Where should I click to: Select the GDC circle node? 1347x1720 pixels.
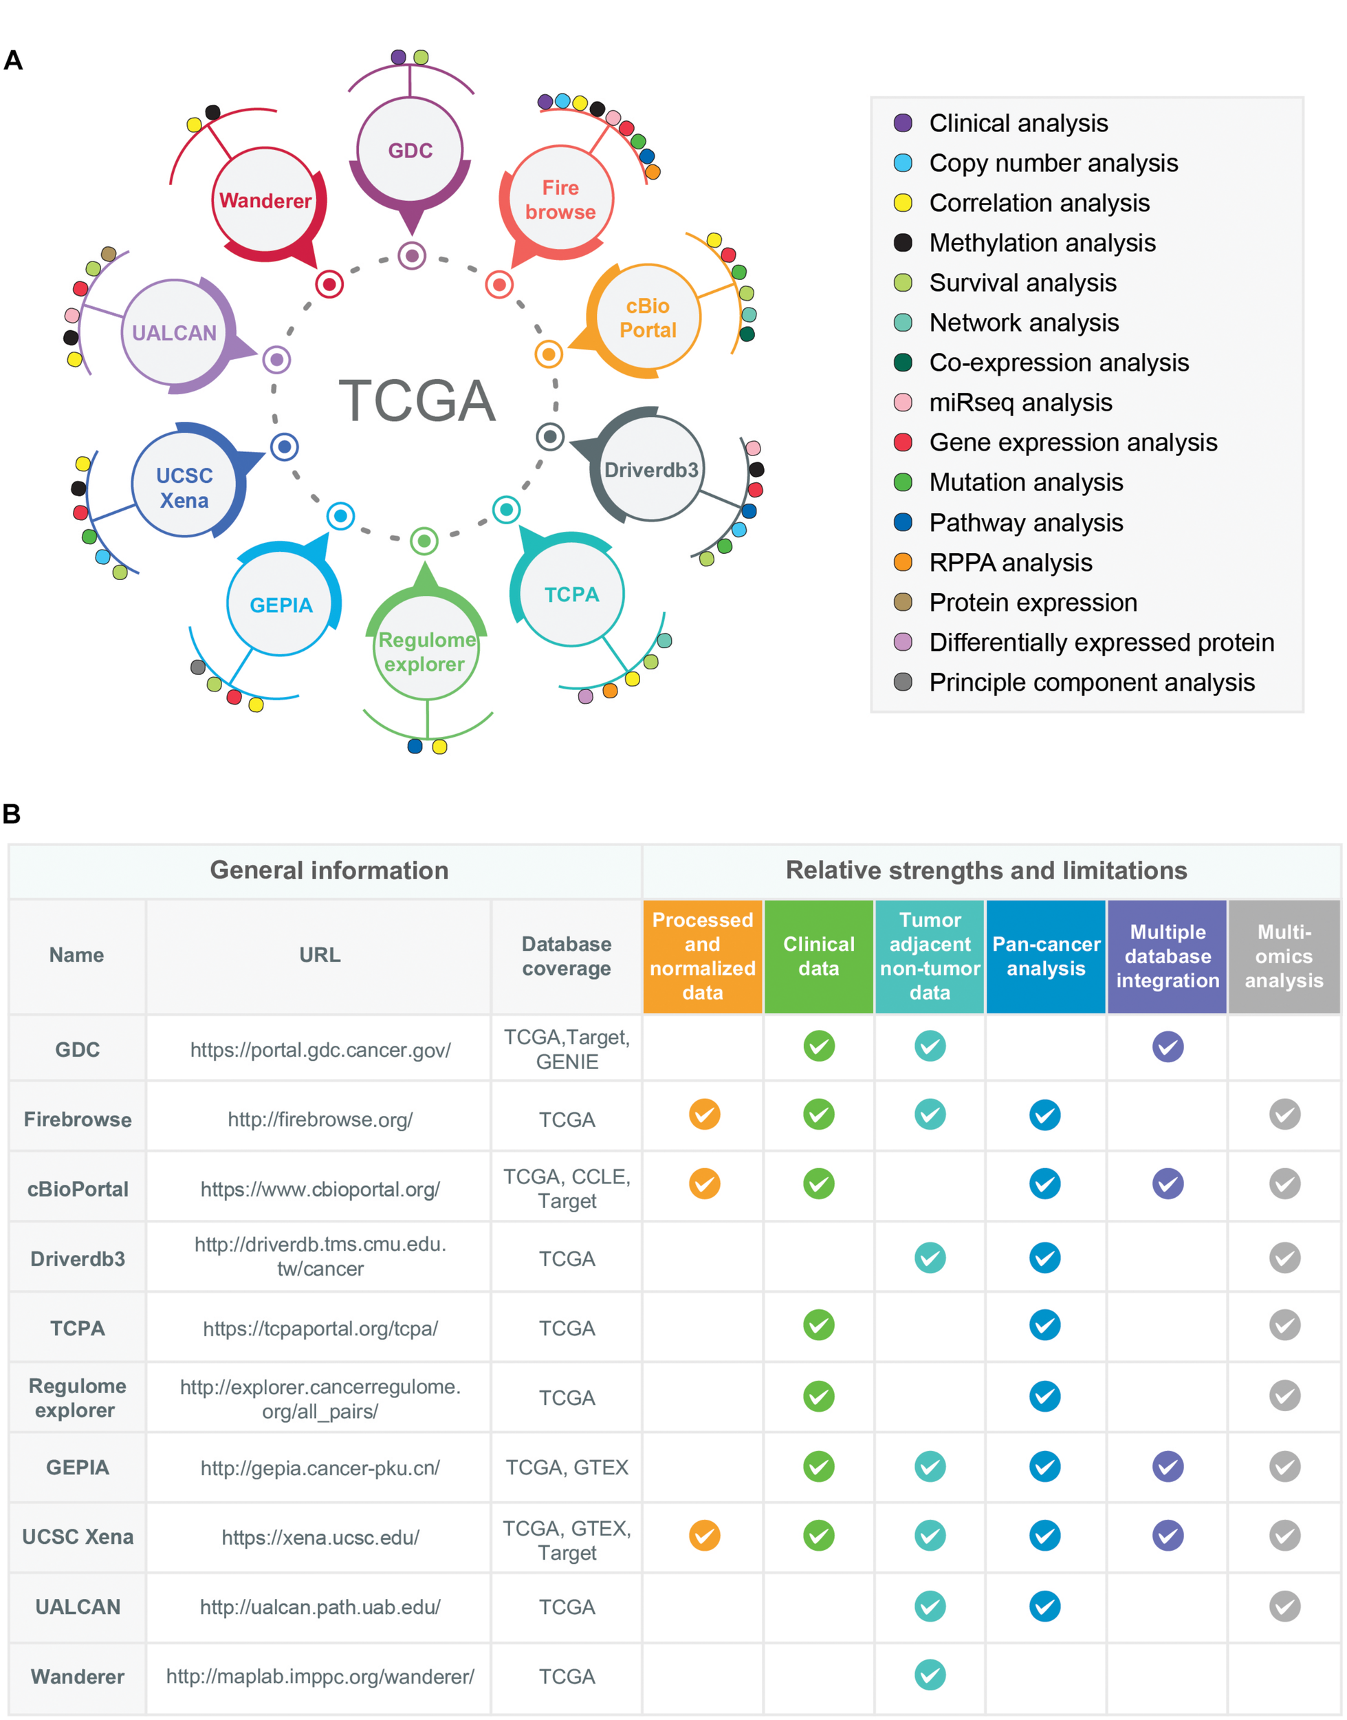pyautogui.click(x=410, y=150)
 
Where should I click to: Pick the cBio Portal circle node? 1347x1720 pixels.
pyautogui.click(x=648, y=317)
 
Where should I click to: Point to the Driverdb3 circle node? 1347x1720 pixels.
pyautogui.click(x=650, y=469)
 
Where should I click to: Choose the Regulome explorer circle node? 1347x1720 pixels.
pyautogui.click(x=426, y=651)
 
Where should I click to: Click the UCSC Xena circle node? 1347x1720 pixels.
pyautogui.click(x=184, y=487)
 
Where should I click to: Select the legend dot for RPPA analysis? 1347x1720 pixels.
pyautogui.click(x=903, y=563)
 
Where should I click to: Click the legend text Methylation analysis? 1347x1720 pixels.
pyautogui.click(x=1042, y=243)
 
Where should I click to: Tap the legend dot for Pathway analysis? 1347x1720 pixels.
pyautogui.click(x=903, y=522)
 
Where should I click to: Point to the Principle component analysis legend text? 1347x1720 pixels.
pyautogui.click(x=1091, y=682)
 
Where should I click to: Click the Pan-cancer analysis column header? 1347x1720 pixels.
pyautogui.click(x=1046, y=956)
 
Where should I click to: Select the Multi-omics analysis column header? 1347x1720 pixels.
pyautogui.click(x=1284, y=956)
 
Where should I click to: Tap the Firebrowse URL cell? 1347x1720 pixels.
pyautogui.click(x=320, y=1119)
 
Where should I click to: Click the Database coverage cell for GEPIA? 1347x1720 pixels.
pyautogui.click(x=567, y=1468)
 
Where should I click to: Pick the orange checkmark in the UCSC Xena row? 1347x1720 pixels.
pyautogui.click(x=704, y=1536)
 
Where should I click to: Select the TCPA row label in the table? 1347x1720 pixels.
pyautogui.click(x=77, y=1329)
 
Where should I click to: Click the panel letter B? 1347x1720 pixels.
pyautogui.click(x=12, y=813)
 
